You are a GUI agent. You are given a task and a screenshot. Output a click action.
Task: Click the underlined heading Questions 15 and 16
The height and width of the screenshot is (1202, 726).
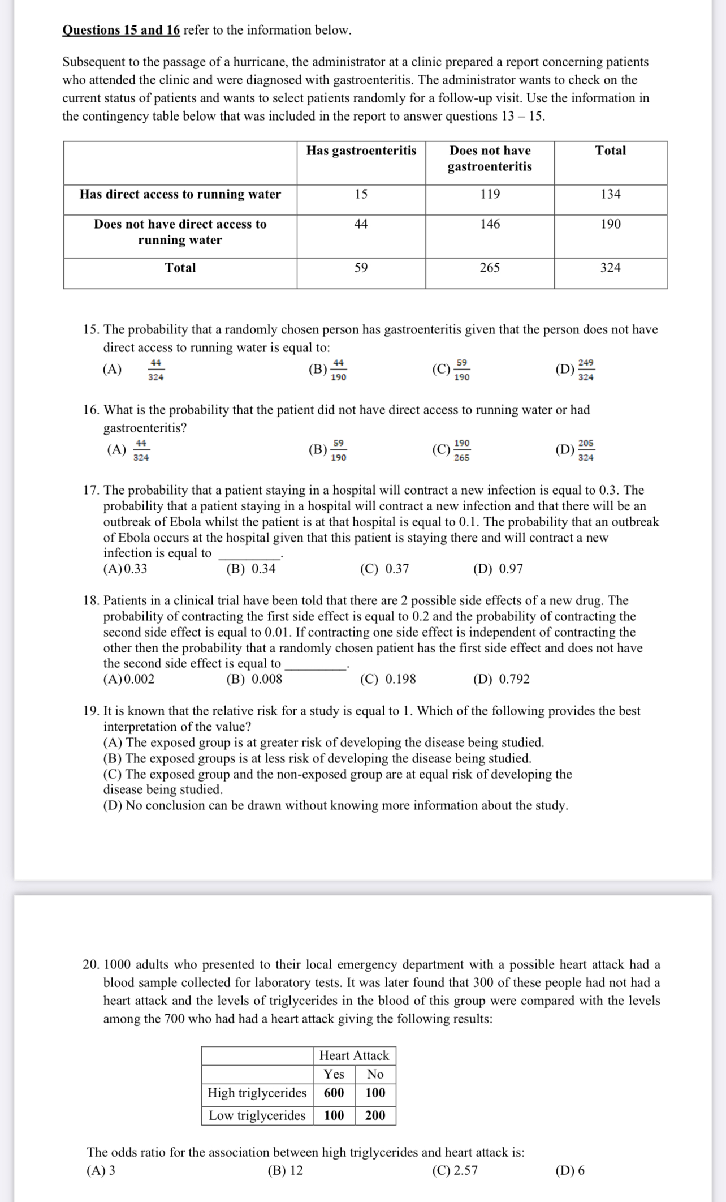[121, 30]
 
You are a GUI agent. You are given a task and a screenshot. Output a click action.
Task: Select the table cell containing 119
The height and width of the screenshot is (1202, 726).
[490, 194]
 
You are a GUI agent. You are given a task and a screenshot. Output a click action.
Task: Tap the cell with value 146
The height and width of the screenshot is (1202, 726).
[490, 224]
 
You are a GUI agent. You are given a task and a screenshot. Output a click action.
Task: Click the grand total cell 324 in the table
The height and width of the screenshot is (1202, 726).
[610, 268]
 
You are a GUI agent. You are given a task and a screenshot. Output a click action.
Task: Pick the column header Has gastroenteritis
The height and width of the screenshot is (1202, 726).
[361, 151]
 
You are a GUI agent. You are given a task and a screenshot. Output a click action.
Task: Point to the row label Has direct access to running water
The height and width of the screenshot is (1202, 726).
[180, 194]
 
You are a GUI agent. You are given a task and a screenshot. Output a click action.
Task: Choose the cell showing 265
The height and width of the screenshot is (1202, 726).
[490, 268]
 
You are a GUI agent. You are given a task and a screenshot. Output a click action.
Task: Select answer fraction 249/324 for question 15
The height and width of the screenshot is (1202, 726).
[586, 370]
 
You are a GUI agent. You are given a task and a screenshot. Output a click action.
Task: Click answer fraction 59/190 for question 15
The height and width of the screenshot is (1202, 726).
[461, 370]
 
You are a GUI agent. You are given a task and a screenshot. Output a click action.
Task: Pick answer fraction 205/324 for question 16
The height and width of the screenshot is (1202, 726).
[586, 450]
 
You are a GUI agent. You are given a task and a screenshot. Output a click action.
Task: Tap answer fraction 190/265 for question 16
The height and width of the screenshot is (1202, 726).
[461, 450]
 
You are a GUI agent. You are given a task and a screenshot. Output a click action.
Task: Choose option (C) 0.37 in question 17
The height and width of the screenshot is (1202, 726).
[384, 569]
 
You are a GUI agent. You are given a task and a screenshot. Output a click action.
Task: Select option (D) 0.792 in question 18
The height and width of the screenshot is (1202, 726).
[501, 679]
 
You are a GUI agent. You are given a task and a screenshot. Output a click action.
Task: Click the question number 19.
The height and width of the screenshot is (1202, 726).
[91, 711]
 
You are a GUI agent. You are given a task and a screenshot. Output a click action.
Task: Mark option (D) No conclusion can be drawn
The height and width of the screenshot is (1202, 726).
[335, 805]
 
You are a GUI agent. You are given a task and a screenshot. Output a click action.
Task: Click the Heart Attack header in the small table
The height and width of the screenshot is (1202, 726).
[354, 1055]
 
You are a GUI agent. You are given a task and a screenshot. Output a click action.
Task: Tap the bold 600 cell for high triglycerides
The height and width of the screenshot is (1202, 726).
[334, 1093]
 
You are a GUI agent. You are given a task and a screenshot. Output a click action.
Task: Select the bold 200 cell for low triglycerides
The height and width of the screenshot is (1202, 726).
[375, 1115]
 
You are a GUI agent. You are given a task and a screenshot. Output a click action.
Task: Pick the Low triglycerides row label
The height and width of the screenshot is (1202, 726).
[257, 1115]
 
